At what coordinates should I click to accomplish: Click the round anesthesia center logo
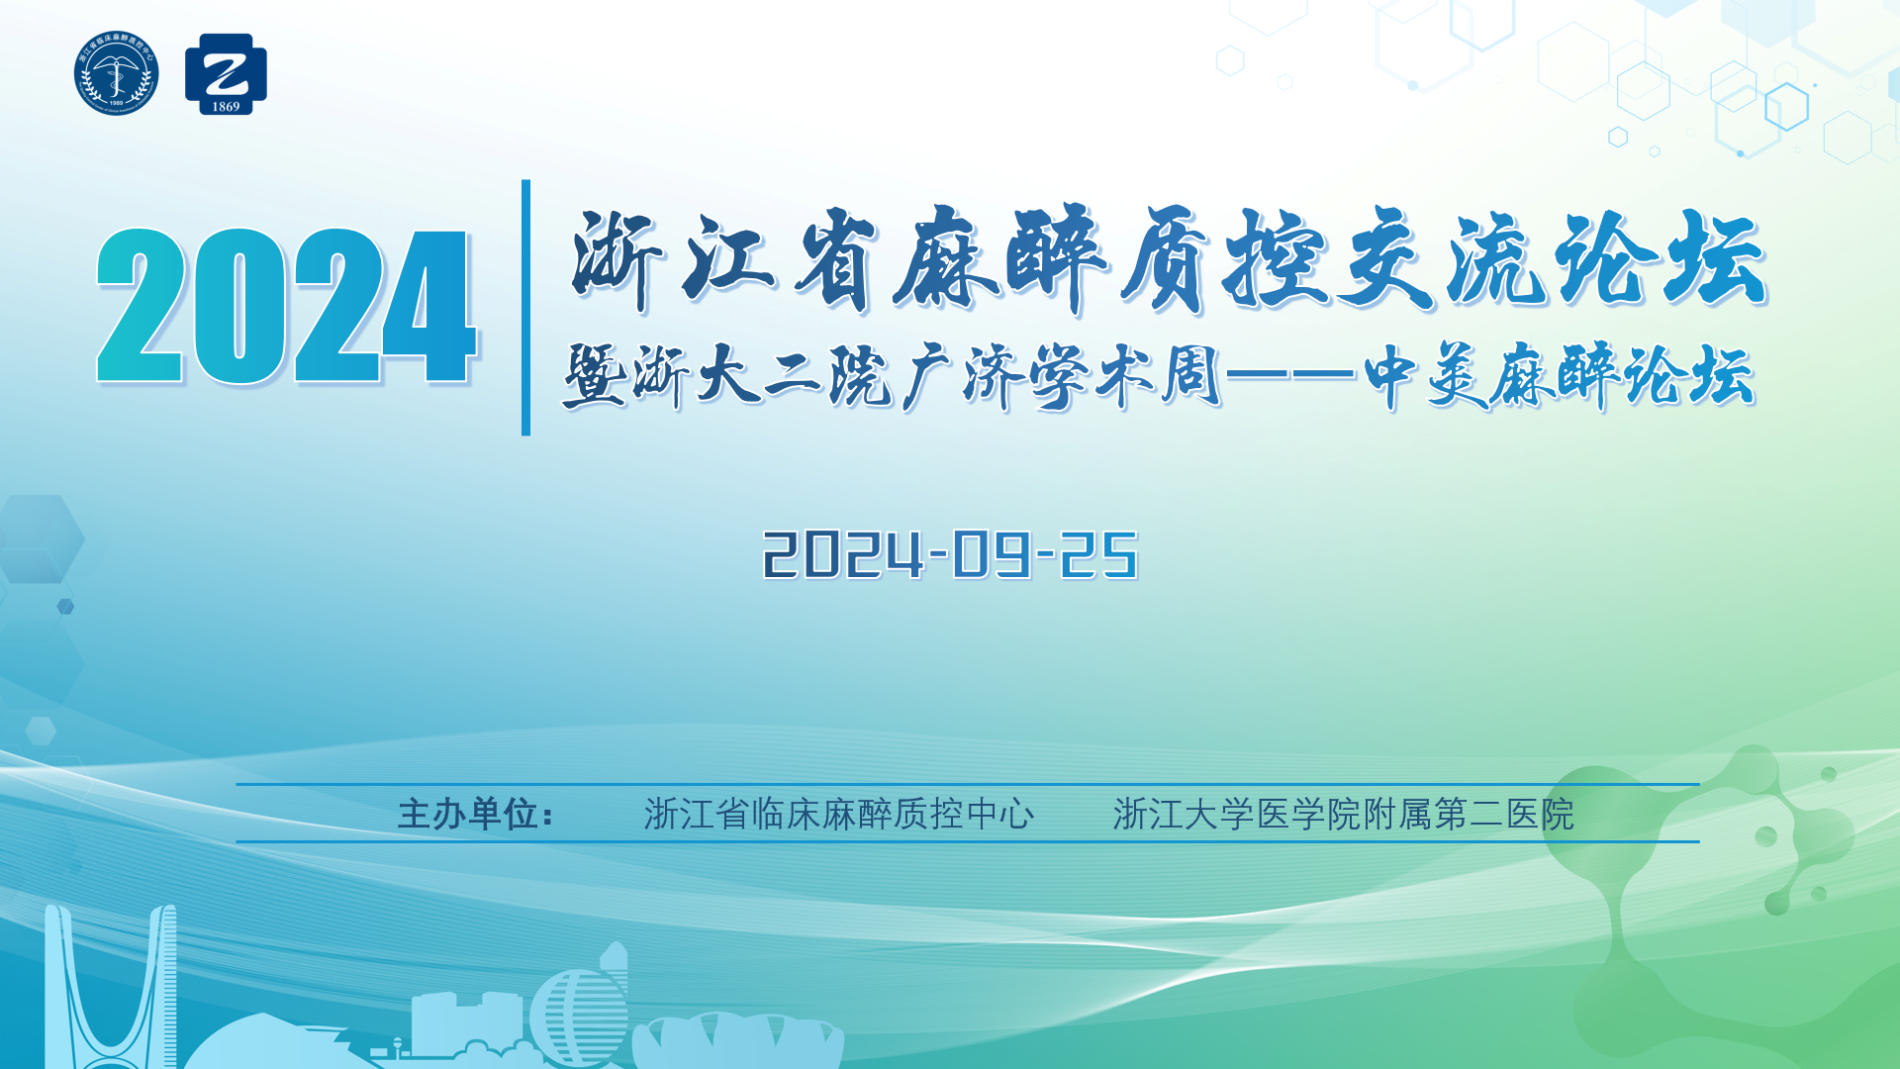pos(116,73)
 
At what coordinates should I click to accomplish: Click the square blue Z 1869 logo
pos(226,74)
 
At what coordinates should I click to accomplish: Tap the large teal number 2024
pos(287,306)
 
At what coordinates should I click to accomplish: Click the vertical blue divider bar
pos(525,307)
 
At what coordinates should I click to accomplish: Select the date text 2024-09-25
pos(950,554)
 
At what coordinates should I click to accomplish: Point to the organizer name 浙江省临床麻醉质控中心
pos(839,814)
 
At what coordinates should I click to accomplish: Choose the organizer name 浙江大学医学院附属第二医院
pos(1344,814)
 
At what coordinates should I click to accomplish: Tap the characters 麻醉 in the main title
pos(999,259)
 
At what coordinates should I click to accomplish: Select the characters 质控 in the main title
pos(1223,259)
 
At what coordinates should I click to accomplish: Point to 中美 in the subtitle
pos(1425,376)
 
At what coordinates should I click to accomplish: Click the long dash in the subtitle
pos(1290,374)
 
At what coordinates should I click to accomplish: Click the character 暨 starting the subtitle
pos(594,376)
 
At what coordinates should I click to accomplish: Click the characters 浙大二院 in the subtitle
pos(762,376)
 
